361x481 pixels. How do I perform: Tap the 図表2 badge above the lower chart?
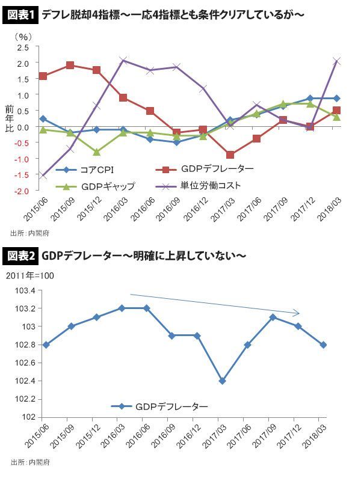(x=23, y=257)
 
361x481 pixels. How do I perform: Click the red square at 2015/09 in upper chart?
(x=70, y=66)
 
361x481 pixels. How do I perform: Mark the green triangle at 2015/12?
(x=96, y=152)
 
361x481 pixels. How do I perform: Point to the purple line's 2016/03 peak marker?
(x=123, y=60)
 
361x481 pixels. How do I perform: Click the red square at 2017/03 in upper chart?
(x=230, y=155)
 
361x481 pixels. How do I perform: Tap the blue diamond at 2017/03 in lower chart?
(x=223, y=381)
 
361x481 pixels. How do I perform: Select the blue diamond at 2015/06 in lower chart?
(x=46, y=345)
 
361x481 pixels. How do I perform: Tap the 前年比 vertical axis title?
(x=8, y=119)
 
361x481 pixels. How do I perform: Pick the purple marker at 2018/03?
(x=337, y=61)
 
